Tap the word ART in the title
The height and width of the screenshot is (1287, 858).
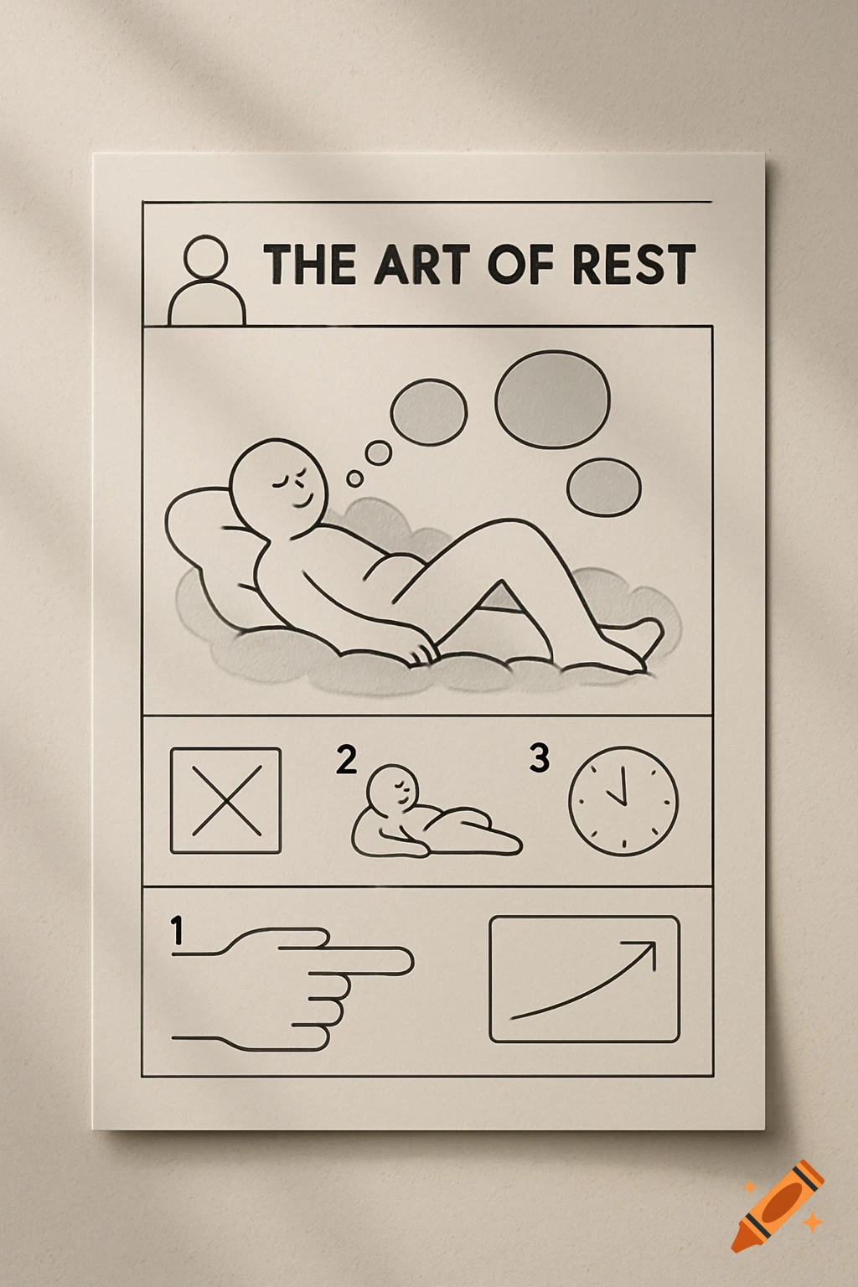tap(421, 265)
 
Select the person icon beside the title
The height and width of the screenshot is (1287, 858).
tap(206, 281)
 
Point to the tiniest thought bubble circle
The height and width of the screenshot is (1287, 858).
tap(355, 478)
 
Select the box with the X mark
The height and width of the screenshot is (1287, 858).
tap(225, 800)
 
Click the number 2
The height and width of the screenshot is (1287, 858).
tap(346, 759)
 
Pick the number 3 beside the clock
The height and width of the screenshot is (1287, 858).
tap(540, 757)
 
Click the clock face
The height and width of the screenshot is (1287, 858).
tap(623, 801)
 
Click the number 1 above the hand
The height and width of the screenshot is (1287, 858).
tap(177, 930)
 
